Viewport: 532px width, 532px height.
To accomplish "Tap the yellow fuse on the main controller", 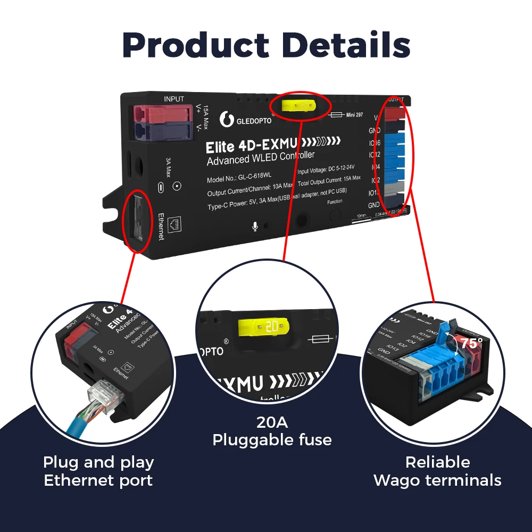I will (x=298, y=106).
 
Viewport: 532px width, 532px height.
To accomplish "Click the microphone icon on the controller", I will (x=255, y=227).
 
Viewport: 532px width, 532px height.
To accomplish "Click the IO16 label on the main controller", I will (x=374, y=143).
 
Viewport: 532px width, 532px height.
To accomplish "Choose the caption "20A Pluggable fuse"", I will (x=272, y=431).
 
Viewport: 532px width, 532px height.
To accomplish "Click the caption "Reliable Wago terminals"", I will (x=437, y=471).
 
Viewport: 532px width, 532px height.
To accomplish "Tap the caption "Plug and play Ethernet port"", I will (x=98, y=471).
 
